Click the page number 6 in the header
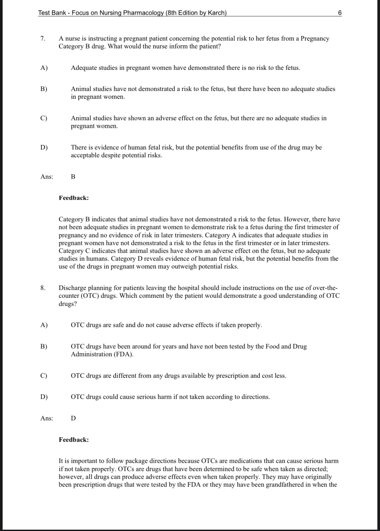340,13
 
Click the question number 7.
43,39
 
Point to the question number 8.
43,288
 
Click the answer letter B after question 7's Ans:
73,177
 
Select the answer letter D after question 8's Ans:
73,418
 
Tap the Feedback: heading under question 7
74,198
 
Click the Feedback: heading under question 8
74,440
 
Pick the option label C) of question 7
44,118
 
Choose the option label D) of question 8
44,397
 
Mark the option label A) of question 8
44,325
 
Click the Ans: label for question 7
47,177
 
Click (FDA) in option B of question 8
123,354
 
